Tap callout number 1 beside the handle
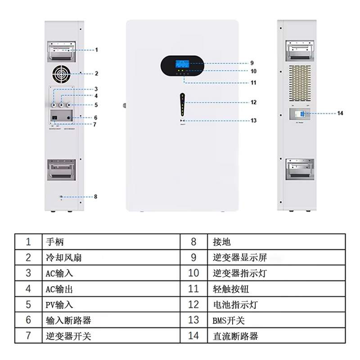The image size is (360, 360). tap(96, 50)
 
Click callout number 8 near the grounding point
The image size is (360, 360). tap(95, 197)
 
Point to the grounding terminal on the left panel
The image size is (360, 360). tap(61, 197)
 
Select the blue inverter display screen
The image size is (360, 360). tap(182, 63)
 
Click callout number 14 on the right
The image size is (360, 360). tap(340, 113)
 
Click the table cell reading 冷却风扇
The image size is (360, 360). tap(64, 258)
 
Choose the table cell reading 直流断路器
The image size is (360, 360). tap(235, 336)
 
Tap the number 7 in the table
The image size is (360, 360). tap(28, 336)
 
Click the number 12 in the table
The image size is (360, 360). tap(193, 305)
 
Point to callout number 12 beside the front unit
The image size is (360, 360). tap(253, 102)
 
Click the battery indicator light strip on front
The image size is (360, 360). tap(182, 105)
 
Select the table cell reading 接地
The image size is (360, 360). tap(222, 242)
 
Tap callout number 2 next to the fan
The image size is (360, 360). tap(96, 73)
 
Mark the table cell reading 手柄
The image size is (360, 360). tap(55, 242)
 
